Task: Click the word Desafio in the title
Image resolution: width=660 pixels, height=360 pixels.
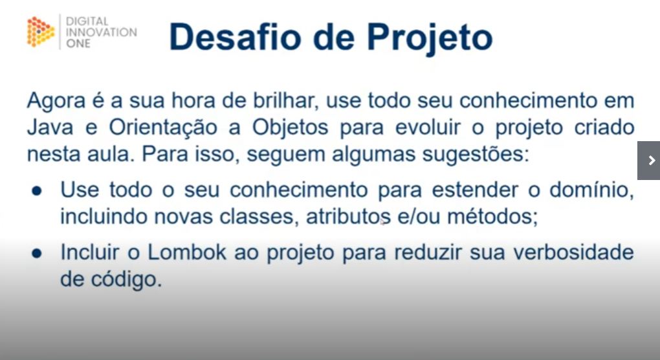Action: (x=235, y=36)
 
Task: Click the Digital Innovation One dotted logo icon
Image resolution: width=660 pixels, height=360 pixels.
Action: (x=41, y=32)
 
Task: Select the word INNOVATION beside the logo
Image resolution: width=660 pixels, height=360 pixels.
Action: (x=102, y=32)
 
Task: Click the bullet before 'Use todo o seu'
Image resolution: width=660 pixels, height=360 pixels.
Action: (x=37, y=192)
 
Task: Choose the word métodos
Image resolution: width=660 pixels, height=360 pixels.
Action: (x=497, y=216)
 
